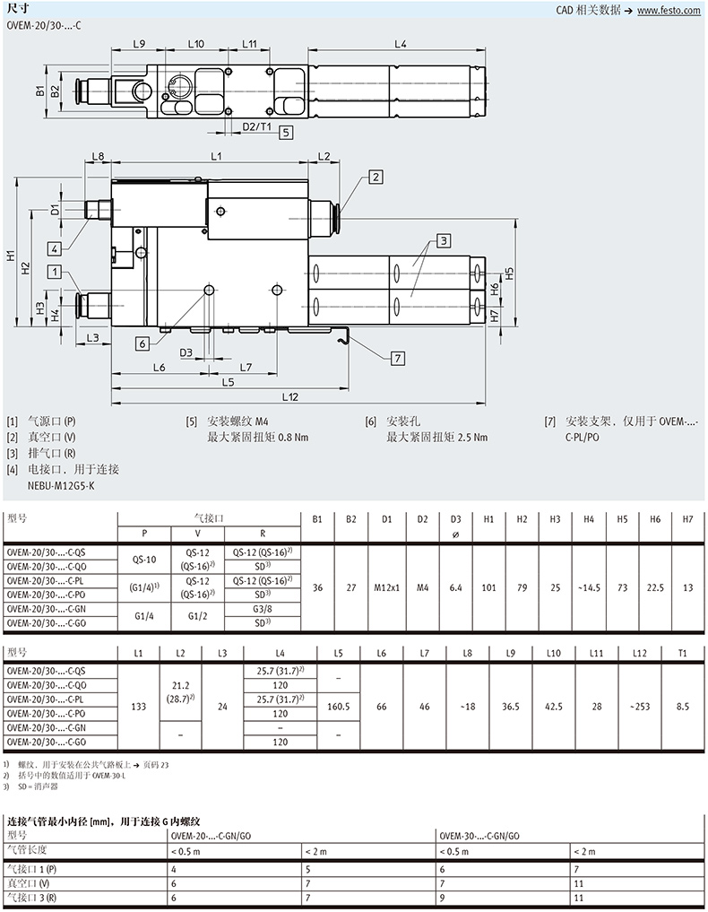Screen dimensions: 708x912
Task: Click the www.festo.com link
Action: tap(669, 11)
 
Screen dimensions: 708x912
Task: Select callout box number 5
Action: tap(285, 132)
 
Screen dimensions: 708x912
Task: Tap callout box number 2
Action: tap(376, 177)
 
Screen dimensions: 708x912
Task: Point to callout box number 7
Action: tap(398, 359)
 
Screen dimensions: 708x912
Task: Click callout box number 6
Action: tap(142, 343)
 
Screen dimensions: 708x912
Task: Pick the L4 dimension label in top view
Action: tap(401, 44)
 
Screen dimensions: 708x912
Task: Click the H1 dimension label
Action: tap(11, 255)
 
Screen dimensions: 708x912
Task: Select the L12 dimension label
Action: tap(290, 396)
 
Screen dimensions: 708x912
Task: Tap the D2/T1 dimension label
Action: tap(256, 126)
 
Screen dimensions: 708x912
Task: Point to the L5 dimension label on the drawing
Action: tap(228, 382)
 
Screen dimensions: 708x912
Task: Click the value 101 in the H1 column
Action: tap(488, 587)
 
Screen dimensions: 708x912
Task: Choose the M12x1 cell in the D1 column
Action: tap(386, 587)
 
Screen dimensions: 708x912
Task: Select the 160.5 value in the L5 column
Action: tap(338, 707)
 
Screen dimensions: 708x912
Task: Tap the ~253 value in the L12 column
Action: tap(639, 707)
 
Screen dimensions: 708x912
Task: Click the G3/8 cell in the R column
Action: tap(263, 609)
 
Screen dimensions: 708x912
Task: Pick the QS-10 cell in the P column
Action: tap(144, 560)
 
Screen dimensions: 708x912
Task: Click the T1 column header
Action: tap(682, 653)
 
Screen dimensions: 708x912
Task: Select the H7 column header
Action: tap(687, 519)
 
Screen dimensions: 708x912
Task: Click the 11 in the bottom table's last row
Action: tap(579, 898)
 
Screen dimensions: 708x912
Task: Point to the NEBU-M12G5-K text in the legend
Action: tap(61, 486)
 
